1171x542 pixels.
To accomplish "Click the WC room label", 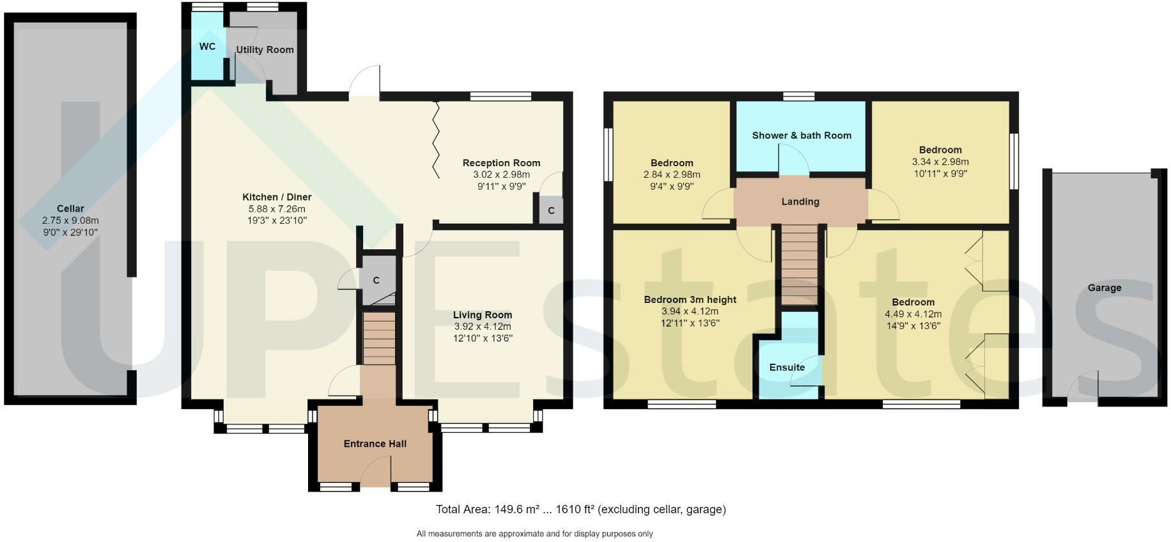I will coord(207,47).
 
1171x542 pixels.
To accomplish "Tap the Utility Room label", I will coord(265,50).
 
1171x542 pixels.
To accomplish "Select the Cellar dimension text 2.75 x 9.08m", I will coord(70,221).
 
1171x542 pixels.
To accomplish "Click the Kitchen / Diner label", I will coord(277,197).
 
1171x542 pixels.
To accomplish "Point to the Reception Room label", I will coord(501,163).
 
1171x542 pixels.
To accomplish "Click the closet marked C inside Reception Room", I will coord(551,210).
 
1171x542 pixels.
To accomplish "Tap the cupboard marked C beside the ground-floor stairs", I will coord(376,280).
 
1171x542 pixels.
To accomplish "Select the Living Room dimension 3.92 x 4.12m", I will coord(483,327).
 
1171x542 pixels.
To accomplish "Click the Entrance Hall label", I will coord(375,444).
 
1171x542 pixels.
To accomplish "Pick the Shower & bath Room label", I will coord(802,135).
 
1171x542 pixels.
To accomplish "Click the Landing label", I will coord(800,201).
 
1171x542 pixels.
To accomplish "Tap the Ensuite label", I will coord(787,368).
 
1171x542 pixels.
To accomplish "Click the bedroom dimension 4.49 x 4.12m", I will coord(913,314).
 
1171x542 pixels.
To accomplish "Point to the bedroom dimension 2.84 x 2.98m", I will coord(672,174).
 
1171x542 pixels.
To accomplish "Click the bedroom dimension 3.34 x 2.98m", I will coord(940,162).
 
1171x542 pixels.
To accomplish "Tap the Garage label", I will coord(1104,288).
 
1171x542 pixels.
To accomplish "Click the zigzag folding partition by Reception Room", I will coord(437,139).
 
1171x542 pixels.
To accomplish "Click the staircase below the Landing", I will coord(800,263).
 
